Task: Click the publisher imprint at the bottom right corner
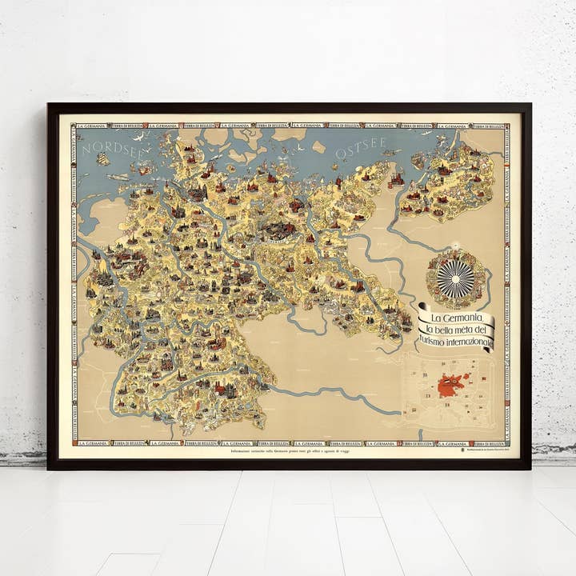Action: click(488, 452)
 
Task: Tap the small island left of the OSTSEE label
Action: click(318, 147)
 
